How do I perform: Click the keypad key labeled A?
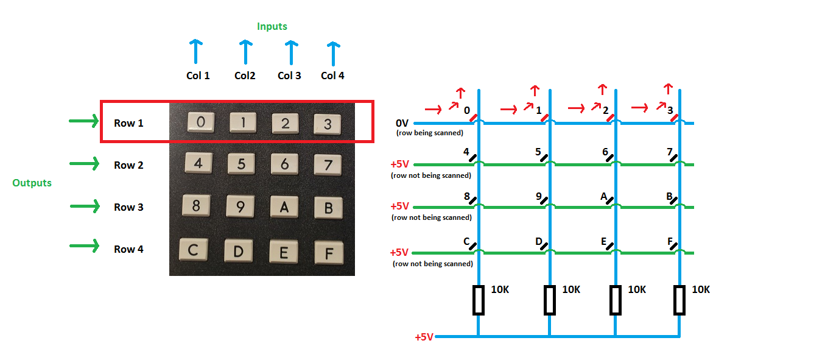[284, 206]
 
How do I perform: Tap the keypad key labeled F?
[329, 252]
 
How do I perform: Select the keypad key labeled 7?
[328, 164]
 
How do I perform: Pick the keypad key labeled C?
[194, 250]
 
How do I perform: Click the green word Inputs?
[272, 26]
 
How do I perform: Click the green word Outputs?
[32, 183]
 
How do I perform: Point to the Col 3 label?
[289, 76]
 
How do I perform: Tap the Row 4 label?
[128, 249]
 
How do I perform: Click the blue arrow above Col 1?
[195, 52]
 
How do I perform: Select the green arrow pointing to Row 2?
[85, 164]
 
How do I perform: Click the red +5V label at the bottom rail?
[424, 337]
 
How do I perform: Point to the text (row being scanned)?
[429, 133]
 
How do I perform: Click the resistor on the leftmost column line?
[479, 300]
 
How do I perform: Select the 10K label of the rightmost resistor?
[701, 290]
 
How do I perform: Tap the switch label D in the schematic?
[539, 242]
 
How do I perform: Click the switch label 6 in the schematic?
[605, 152]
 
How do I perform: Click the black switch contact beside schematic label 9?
[544, 200]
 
